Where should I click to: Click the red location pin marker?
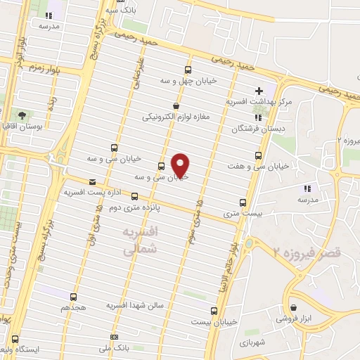coord(181,165)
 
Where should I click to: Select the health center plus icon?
coord(259,90)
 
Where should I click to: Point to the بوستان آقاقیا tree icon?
coord(22,115)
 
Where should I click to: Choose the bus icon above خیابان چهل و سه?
coord(187,70)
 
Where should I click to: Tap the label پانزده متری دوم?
coord(133,208)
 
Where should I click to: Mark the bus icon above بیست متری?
coord(243,201)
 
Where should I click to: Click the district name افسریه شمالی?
coord(139,240)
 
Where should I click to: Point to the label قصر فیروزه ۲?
coord(307,250)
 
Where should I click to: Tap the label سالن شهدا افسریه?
coord(135,306)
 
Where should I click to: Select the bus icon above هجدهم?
coord(74,297)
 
